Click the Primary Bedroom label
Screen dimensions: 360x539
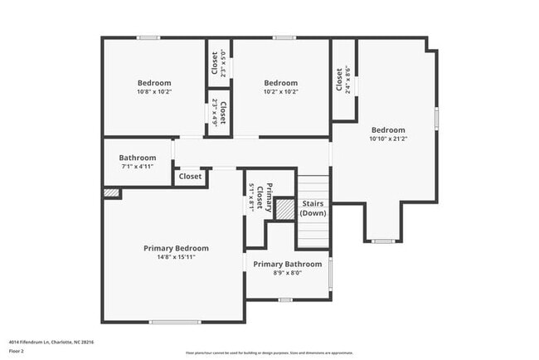pos(176,248)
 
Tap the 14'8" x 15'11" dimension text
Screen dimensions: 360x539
pos(176,257)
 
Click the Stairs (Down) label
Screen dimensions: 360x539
pos(313,208)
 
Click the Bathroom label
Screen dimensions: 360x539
pos(137,158)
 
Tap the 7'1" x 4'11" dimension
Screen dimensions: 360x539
pos(137,166)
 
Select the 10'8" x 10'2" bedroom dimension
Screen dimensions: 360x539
pos(154,92)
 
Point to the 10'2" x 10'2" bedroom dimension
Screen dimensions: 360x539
pos(280,92)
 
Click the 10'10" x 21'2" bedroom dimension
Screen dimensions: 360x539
pos(388,139)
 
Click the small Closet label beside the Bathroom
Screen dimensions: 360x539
pos(190,177)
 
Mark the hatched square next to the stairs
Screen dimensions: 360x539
pos(285,209)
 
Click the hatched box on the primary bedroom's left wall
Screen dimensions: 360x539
pos(111,192)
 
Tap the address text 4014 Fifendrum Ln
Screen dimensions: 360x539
pos(50,342)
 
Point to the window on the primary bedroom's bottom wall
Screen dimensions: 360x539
pos(175,322)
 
